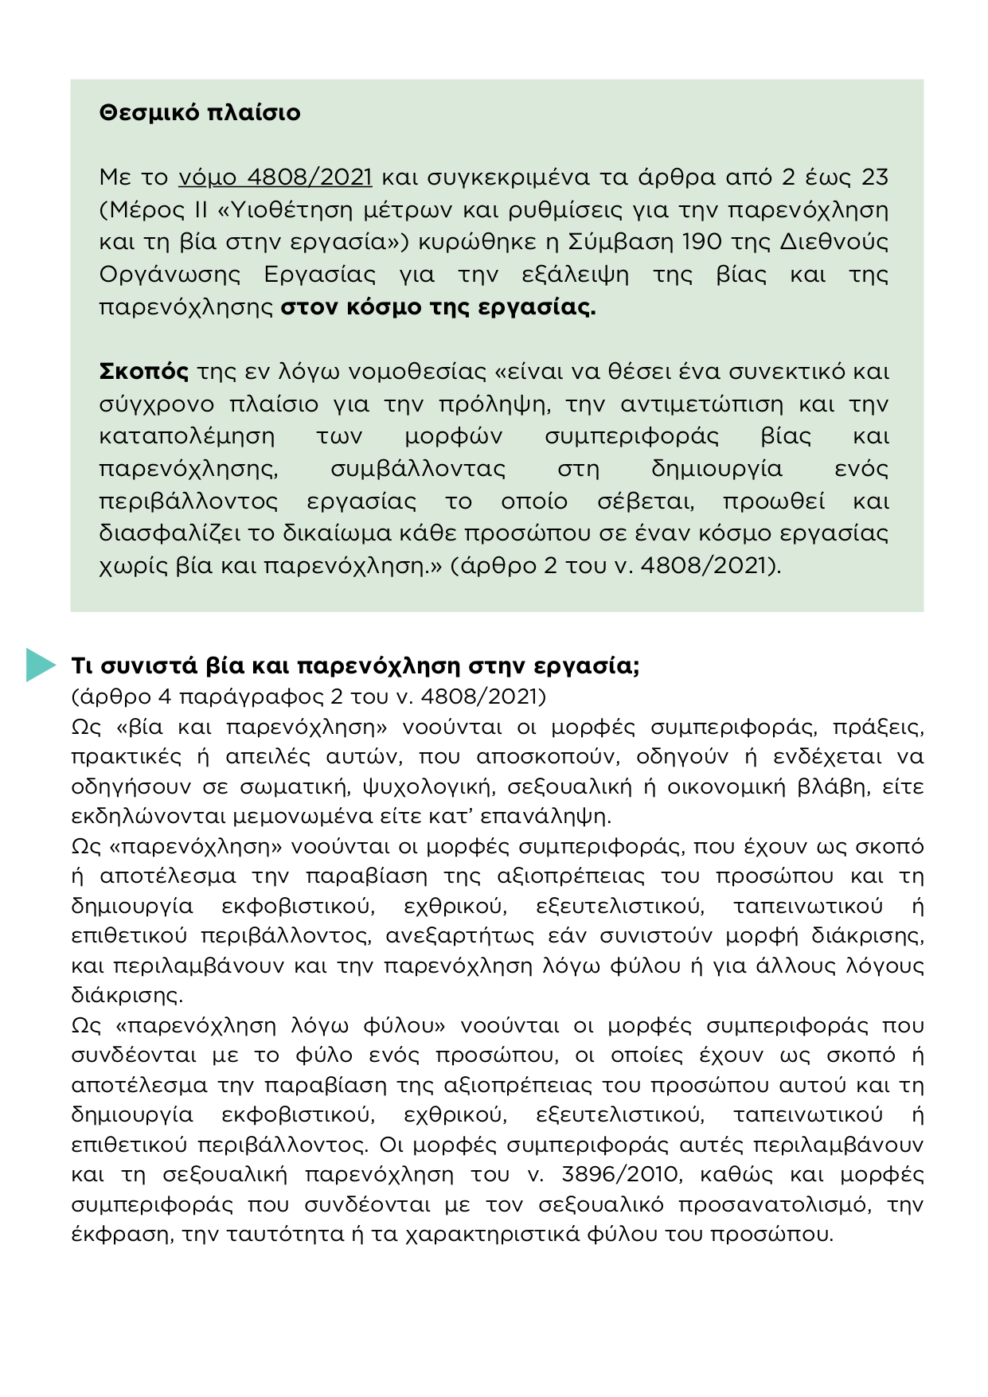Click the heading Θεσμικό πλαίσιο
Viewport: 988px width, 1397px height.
[200, 113]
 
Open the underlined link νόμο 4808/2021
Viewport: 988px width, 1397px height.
[275, 177]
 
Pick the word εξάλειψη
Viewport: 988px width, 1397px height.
[575, 275]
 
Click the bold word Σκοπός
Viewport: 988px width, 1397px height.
[143, 372]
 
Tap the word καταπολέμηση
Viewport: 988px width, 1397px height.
[187, 436]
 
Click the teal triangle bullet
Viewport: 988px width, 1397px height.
[39, 665]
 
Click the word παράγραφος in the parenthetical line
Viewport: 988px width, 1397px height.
[251, 697]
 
